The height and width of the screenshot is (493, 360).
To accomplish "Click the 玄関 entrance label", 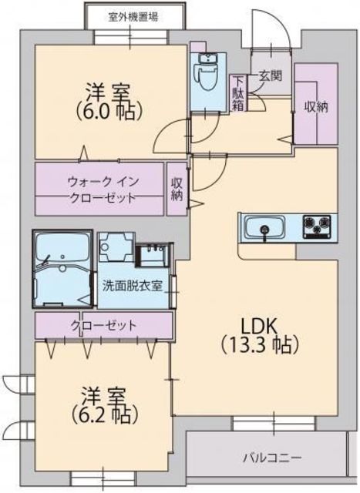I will (269, 76).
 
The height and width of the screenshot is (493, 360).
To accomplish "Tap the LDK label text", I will (257, 324).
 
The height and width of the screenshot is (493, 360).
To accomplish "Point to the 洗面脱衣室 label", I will (133, 286).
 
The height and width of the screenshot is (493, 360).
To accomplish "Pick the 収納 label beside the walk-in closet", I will (177, 189).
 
